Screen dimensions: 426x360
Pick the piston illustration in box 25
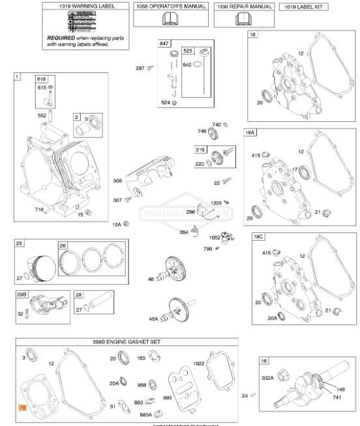38,265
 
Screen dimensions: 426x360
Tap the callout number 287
140,68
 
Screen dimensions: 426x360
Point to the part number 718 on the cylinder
39,209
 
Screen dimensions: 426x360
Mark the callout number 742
217,124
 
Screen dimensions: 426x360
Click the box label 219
199,149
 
